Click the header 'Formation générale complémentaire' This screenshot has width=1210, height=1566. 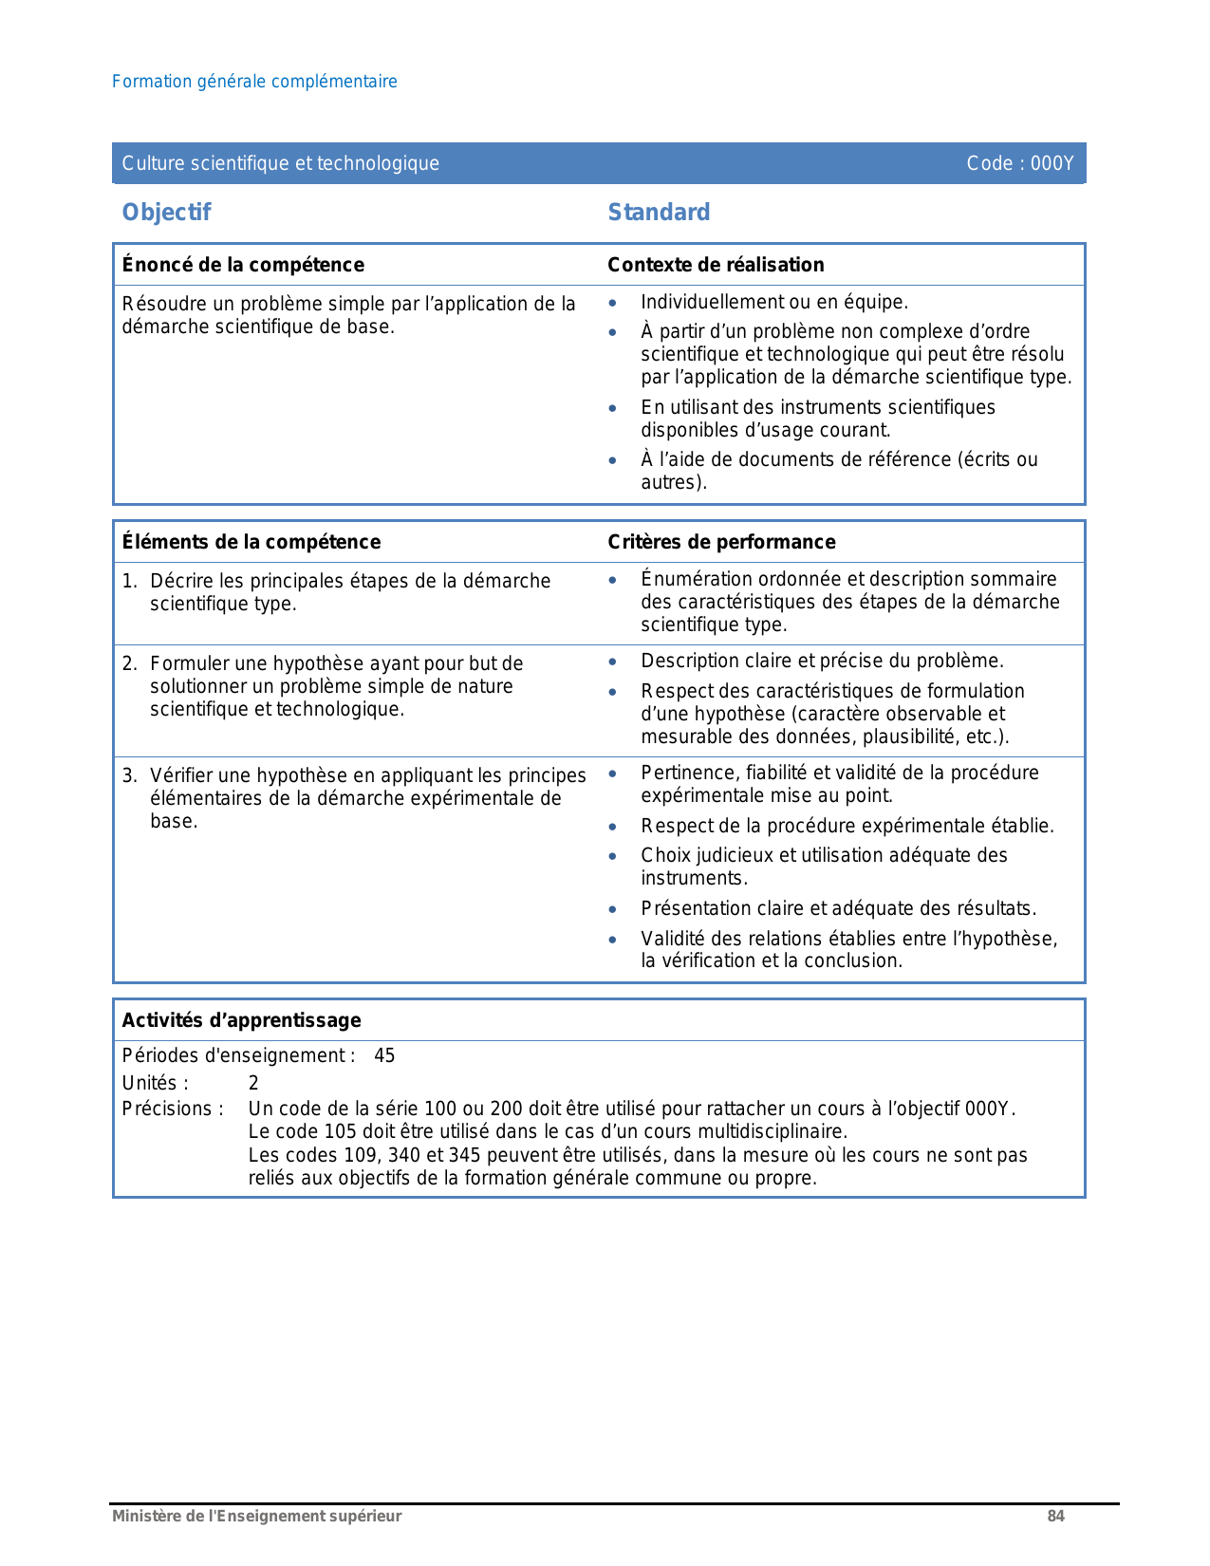pyautogui.click(x=254, y=82)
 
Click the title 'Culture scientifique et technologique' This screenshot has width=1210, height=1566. pyautogui.click(x=281, y=163)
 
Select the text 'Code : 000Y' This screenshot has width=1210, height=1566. pyautogui.click(x=1020, y=163)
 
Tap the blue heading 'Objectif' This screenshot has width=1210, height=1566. pyautogui.click(x=166, y=212)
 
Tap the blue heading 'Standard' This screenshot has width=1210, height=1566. pyautogui.click(x=659, y=212)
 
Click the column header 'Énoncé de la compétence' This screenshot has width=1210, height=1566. pyautogui.click(x=243, y=265)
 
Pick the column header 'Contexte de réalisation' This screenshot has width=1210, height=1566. pyautogui.click(x=716, y=265)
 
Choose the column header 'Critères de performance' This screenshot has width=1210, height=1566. pyautogui.click(x=721, y=542)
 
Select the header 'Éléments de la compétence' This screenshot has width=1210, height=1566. pyautogui.click(x=251, y=542)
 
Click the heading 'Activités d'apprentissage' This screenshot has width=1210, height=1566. pyautogui.click(x=241, y=1020)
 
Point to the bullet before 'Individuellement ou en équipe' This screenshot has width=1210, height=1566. pyautogui.click(x=613, y=303)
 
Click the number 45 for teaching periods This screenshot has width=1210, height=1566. pyautogui.click(x=384, y=1055)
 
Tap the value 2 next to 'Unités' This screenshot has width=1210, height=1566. pyautogui.click(x=253, y=1083)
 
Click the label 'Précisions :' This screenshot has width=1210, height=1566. pyautogui.click(x=173, y=1109)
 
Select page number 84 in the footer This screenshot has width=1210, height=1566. pyautogui.click(x=1055, y=1516)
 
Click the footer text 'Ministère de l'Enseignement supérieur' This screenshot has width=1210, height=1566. pyautogui.click(x=256, y=1516)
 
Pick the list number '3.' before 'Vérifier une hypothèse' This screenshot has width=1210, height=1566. pyautogui.click(x=130, y=775)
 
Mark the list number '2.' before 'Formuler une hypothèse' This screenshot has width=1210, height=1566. pyautogui.click(x=130, y=663)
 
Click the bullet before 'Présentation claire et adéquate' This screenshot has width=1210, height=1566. pyautogui.click(x=613, y=909)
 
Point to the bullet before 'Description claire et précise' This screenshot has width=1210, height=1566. pyautogui.click(x=613, y=662)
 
